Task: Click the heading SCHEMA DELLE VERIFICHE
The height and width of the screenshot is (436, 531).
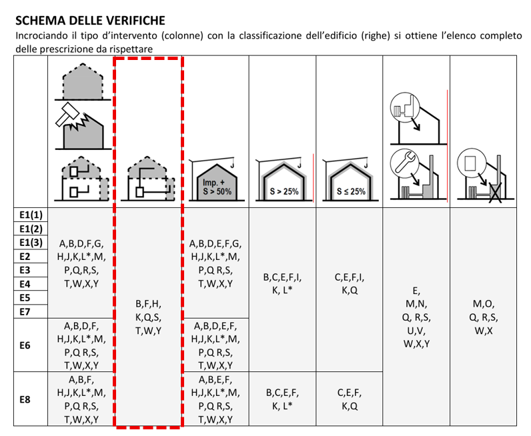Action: click(89, 21)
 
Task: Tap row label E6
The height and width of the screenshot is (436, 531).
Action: click(25, 345)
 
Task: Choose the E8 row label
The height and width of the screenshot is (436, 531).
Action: click(25, 399)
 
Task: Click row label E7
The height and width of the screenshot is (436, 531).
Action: click(25, 311)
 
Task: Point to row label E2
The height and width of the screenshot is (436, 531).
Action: click(25, 256)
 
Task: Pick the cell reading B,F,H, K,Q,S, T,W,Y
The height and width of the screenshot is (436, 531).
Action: click(148, 317)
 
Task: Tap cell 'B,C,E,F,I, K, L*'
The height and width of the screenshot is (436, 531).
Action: click(284, 284)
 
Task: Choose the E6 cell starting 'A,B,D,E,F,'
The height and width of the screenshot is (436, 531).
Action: click(215, 345)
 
